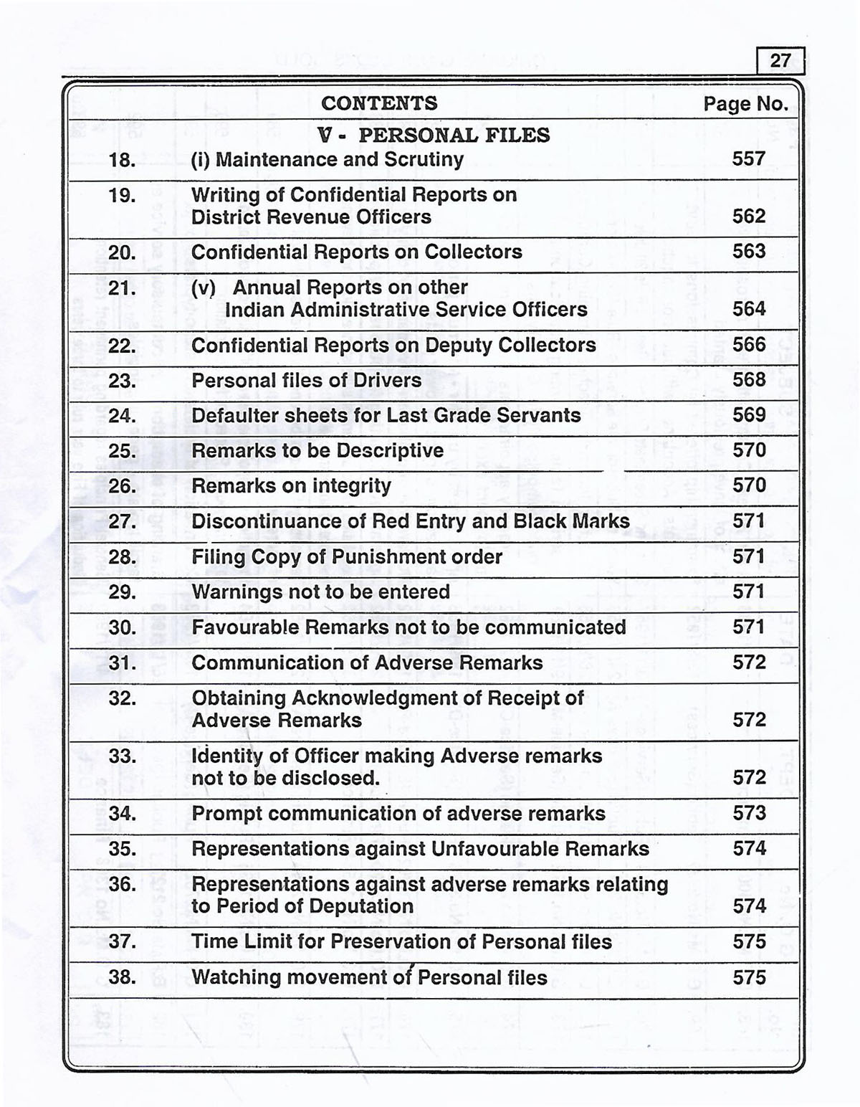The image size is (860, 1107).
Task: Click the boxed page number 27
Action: (780, 60)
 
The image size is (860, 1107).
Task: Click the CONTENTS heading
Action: (379, 103)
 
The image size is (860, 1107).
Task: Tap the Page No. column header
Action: (745, 104)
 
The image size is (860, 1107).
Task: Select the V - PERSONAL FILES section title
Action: (434, 135)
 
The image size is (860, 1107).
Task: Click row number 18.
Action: (122, 160)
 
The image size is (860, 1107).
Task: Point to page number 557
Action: (749, 158)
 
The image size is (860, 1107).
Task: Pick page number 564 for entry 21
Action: (749, 309)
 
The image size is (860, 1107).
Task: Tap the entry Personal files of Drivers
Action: (306, 380)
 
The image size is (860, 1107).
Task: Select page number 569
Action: (749, 415)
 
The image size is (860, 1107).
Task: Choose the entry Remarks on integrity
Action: (291, 486)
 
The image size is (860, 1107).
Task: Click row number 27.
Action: (122, 521)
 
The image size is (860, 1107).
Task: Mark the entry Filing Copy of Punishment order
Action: (347, 557)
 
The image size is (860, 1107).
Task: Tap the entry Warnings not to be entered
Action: (320, 592)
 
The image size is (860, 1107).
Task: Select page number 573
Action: (749, 813)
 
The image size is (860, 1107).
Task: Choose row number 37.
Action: (122, 941)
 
